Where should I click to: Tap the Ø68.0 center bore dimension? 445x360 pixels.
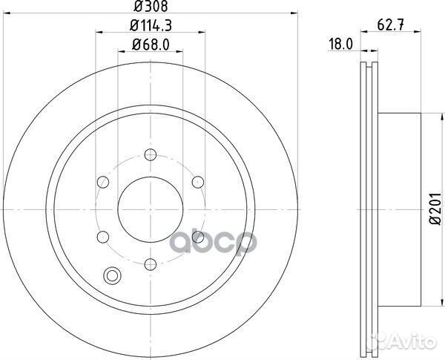pyautogui.click(x=151, y=45)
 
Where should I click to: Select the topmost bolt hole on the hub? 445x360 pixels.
pyautogui.click(x=149, y=154)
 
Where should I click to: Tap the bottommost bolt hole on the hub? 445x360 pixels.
pyautogui.click(x=149, y=263)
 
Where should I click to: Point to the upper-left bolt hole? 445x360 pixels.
pyautogui.click(x=102, y=182)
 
